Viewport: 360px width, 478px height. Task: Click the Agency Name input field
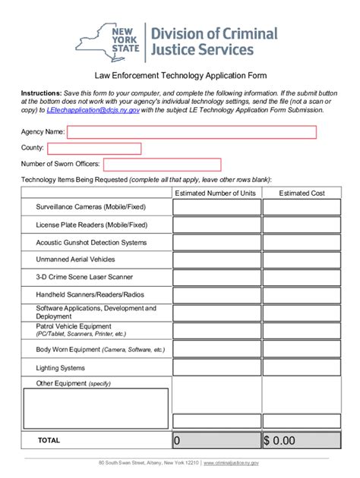click(x=191, y=132)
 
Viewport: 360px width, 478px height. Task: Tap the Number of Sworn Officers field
click(x=162, y=164)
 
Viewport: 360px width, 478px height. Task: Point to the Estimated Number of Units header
click(x=216, y=193)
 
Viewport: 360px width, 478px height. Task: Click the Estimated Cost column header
click(x=302, y=193)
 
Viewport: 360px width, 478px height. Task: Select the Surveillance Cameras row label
click(x=90, y=206)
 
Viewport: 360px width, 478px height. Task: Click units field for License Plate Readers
click(x=216, y=225)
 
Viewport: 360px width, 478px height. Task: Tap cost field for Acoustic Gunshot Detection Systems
click(x=302, y=243)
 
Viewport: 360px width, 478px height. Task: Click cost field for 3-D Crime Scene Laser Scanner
click(x=302, y=277)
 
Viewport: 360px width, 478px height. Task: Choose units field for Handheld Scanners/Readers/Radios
click(x=216, y=294)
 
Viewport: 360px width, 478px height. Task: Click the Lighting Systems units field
click(x=216, y=367)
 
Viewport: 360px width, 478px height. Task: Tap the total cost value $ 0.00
click(x=302, y=440)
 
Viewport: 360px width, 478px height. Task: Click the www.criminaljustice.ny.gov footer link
click(x=232, y=462)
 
